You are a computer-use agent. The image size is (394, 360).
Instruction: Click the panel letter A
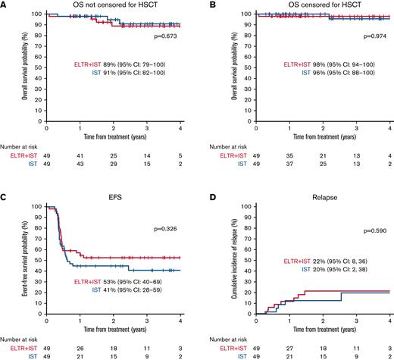tap(4, 5)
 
